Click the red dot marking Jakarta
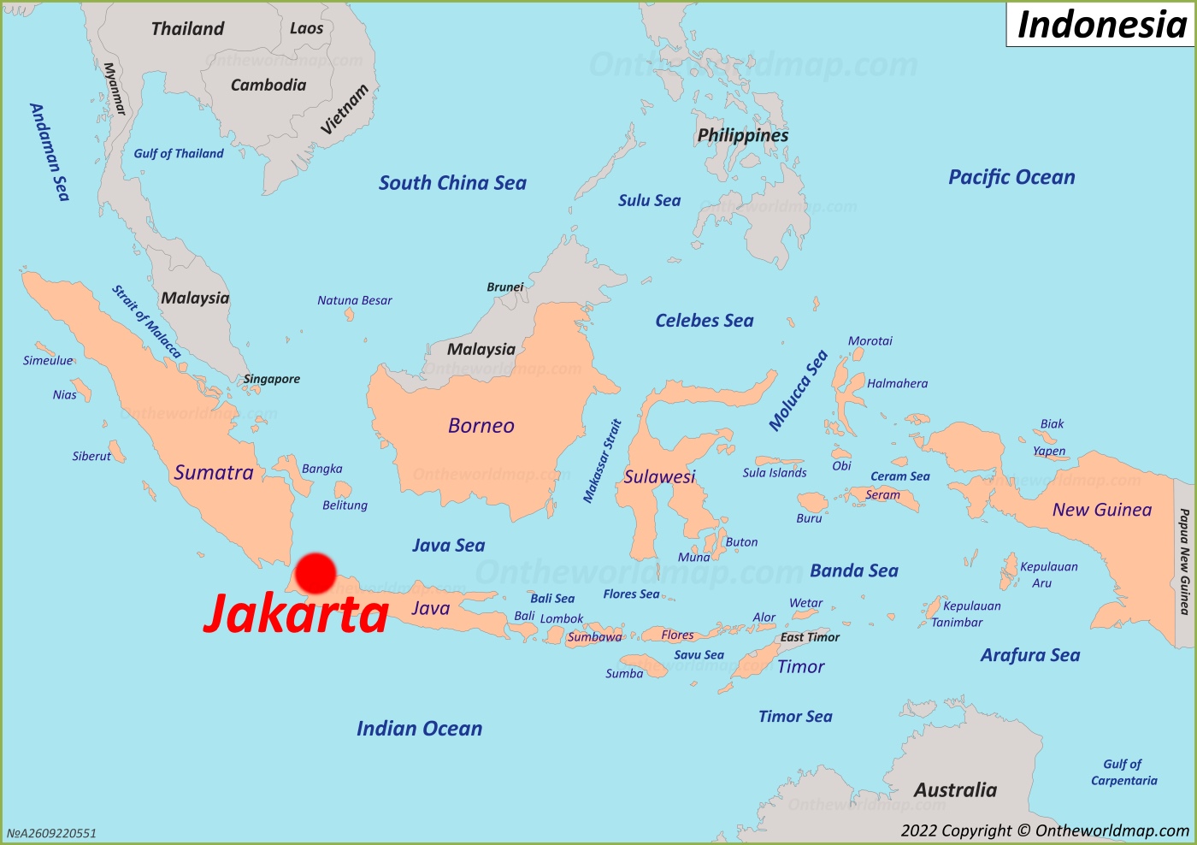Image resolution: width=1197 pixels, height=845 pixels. (x=315, y=573)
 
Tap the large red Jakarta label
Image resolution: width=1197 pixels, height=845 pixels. (x=297, y=614)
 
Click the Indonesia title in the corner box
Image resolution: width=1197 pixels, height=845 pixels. (x=1101, y=25)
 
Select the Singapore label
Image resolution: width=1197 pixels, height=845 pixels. (x=271, y=379)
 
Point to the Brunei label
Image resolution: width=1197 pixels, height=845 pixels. (x=504, y=287)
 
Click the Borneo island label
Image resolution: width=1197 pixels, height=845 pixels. (x=481, y=426)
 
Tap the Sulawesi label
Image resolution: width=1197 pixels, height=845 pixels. (x=659, y=476)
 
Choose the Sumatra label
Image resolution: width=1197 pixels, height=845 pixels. (x=214, y=473)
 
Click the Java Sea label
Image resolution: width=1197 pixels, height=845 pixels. (x=448, y=546)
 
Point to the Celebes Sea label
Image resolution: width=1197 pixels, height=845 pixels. (x=705, y=321)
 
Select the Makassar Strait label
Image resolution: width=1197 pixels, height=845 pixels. (x=602, y=461)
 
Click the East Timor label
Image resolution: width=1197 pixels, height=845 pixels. (x=810, y=637)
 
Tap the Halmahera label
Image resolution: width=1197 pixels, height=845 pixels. (x=897, y=384)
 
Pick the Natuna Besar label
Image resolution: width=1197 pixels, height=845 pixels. (x=354, y=300)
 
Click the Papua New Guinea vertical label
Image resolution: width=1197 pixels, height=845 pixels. (x=1184, y=561)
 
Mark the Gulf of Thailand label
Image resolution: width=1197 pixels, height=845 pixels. (x=179, y=154)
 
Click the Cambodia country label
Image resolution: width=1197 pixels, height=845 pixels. (x=268, y=85)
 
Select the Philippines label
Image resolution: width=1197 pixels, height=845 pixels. (x=743, y=135)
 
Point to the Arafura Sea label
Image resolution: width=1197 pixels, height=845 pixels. (x=1030, y=655)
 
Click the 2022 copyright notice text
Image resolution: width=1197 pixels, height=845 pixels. (x=1044, y=830)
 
